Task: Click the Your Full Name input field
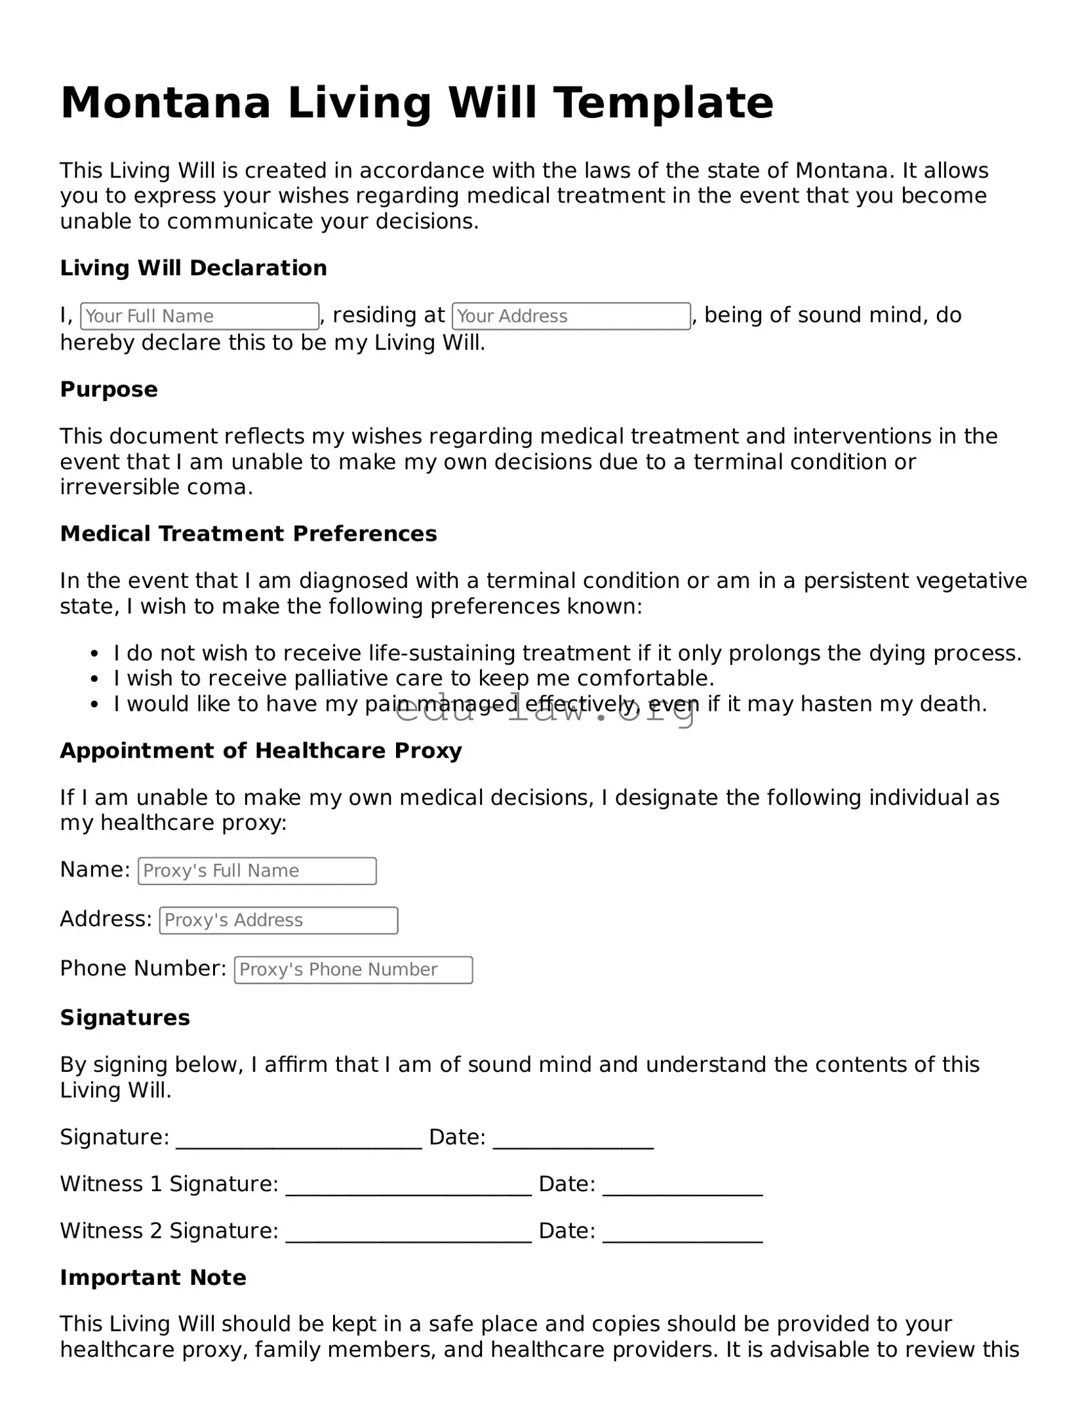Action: (199, 316)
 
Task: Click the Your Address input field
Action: (571, 316)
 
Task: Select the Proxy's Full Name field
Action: (257, 871)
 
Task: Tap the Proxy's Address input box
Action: (279, 920)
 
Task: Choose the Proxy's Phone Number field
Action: (353, 970)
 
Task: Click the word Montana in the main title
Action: (165, 103)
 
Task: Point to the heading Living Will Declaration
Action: (193, 268)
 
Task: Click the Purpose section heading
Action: (109, 389)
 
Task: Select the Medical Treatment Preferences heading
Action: (248, 534)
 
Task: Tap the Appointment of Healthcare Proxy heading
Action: (261, 751)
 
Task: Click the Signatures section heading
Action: (125, 1017)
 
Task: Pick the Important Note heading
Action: (153, 1278)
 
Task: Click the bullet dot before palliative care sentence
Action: (95, 679)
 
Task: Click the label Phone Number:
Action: (144, 968)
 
